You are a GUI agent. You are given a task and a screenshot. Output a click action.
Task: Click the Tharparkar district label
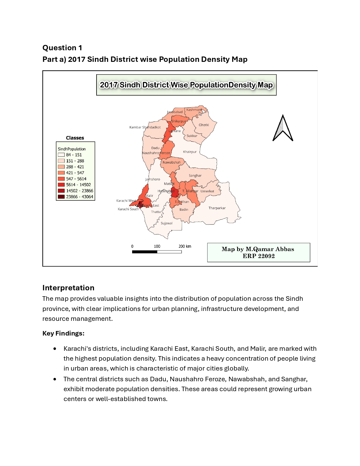[x=217, y=208]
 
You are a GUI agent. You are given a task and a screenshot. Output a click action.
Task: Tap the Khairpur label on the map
[x=189, y=152]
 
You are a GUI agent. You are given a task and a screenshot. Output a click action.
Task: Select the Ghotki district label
[x=204, y=125]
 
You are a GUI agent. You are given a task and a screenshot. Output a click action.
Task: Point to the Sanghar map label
[x=195, y=176]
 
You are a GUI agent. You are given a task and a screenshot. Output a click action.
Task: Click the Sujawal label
[x=166, y=223]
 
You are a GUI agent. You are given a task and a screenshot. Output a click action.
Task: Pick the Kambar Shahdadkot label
[x=145, y=127]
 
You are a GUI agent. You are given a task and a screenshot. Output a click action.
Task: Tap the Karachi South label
[x=128, y=209]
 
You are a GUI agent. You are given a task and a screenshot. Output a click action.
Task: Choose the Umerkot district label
[x=207, y=191]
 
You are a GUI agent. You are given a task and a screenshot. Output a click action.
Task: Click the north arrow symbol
[x=283, y=129]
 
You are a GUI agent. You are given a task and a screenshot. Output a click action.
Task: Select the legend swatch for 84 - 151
[x=61, y=155]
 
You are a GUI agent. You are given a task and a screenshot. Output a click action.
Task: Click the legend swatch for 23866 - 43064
[x=61, y=197]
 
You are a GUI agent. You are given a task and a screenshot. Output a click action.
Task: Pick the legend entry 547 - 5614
[x=76, y=179]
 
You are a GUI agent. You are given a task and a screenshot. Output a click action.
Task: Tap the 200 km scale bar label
[x=185, y=246]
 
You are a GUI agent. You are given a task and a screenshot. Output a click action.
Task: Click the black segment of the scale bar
[x=145, y=252]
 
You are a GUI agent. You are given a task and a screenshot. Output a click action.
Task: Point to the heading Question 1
[x=62, y=48]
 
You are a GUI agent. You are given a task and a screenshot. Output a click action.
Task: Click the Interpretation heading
[x=68, y=288]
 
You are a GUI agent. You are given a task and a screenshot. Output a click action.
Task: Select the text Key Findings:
[x=63, y=333]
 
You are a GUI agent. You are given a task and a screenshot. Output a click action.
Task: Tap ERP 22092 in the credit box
[x=258, y=256]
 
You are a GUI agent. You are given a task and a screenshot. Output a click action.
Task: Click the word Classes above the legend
[x=75, y=138]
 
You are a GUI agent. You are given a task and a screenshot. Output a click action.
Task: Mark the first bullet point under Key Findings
[x=55, y=349]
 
